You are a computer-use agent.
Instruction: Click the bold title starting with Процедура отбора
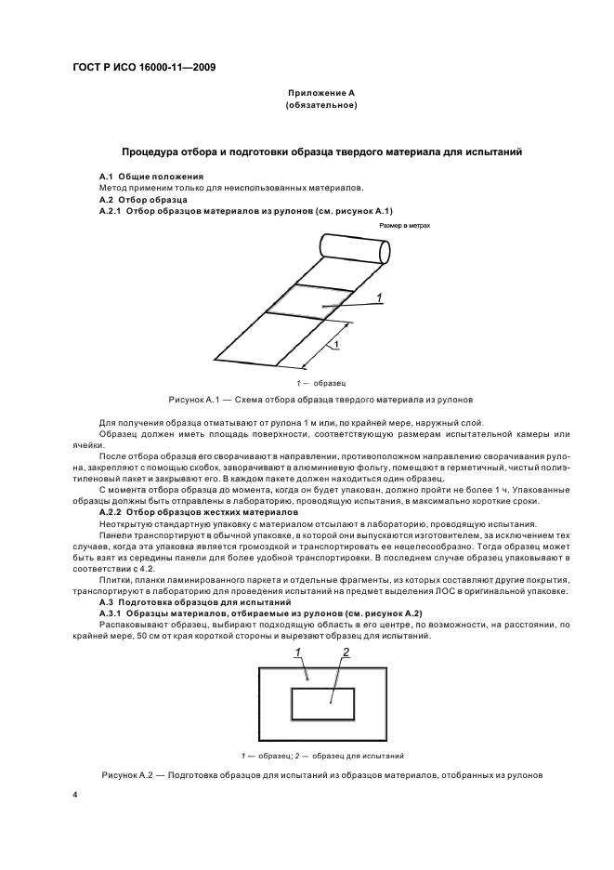pos(321,151)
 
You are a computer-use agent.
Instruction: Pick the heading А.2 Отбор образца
pos(143,199)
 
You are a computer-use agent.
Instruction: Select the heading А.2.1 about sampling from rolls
pos(247,211)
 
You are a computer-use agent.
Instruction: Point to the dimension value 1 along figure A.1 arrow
pos(335,345)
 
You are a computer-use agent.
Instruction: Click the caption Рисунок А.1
pos(321,399)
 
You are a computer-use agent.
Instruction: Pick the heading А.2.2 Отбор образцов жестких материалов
pos(198,512)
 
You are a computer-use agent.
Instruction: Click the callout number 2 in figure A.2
pos(345,653)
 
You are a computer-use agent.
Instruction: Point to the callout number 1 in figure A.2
pos(299,653)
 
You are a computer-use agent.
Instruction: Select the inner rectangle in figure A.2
pos(321,704)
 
